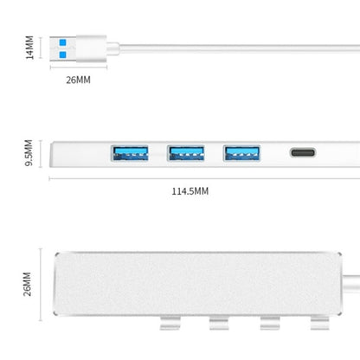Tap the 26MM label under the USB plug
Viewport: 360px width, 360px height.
point(77,80)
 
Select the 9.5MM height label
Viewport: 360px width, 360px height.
point(29,153)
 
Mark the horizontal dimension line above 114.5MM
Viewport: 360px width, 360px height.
point(190,178)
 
